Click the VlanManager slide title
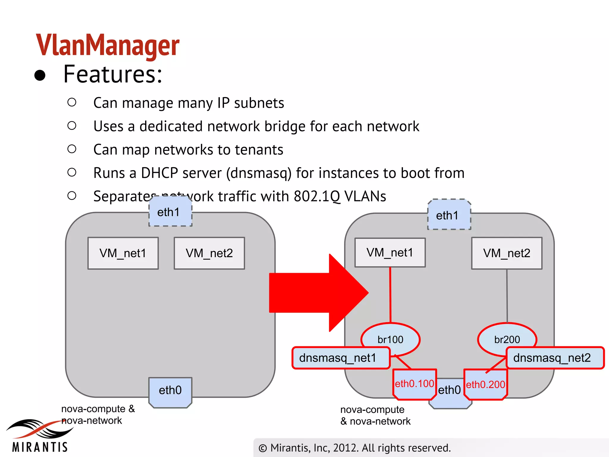[x=108, y=45]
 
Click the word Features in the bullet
[x=113, y=74]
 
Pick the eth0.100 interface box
[x=415, y=384]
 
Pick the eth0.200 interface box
[x=485, y=385]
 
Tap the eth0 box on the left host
[x=170, y=390]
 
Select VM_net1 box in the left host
[x=123, y=253]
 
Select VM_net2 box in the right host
[x=507, y=253]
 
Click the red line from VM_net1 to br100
[x=390, y=295]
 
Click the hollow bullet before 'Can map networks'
[x=72, y=149]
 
